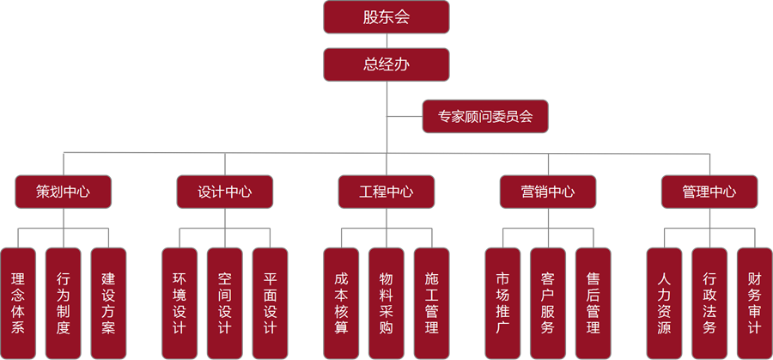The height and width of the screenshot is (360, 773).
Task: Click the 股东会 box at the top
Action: click(x=386, y=17)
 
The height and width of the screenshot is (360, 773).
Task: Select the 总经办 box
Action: click(x=386, y=64)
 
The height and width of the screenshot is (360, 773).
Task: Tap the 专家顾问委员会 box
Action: click(x=485, y=116)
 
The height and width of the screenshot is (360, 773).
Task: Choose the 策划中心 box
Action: click(x=64, y=192)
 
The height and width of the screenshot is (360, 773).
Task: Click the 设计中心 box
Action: click(x=225, y=192)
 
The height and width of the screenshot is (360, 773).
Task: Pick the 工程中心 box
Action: click(x=386, y=192)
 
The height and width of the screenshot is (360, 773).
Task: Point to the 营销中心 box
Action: click(x=548, y=192)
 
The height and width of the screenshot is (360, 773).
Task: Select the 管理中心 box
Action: click(x=709, y=192)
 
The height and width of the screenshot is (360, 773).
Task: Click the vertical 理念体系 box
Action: click(x=18, y=303)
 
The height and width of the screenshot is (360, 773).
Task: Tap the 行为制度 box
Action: click(x=64, y=303)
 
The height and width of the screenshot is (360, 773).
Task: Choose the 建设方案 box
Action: click(x=108, y=303)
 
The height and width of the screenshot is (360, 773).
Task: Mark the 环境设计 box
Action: click(x=180, y=303)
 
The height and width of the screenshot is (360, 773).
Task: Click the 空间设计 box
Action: click(x=225, y=303)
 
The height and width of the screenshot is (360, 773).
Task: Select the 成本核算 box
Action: click(x=341, y=303)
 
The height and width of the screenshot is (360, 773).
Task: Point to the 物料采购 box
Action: click(x=386, y=303)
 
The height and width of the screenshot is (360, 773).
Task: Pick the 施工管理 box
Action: click(x=431, y=303)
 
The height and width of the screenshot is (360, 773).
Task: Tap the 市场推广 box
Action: click(x=502, y=303)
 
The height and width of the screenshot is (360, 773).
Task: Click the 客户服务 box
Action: click(x=548, y=303)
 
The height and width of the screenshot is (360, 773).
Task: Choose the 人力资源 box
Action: click(x=664, y=303)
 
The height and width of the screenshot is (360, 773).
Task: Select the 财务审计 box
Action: click(x=754, y=303)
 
